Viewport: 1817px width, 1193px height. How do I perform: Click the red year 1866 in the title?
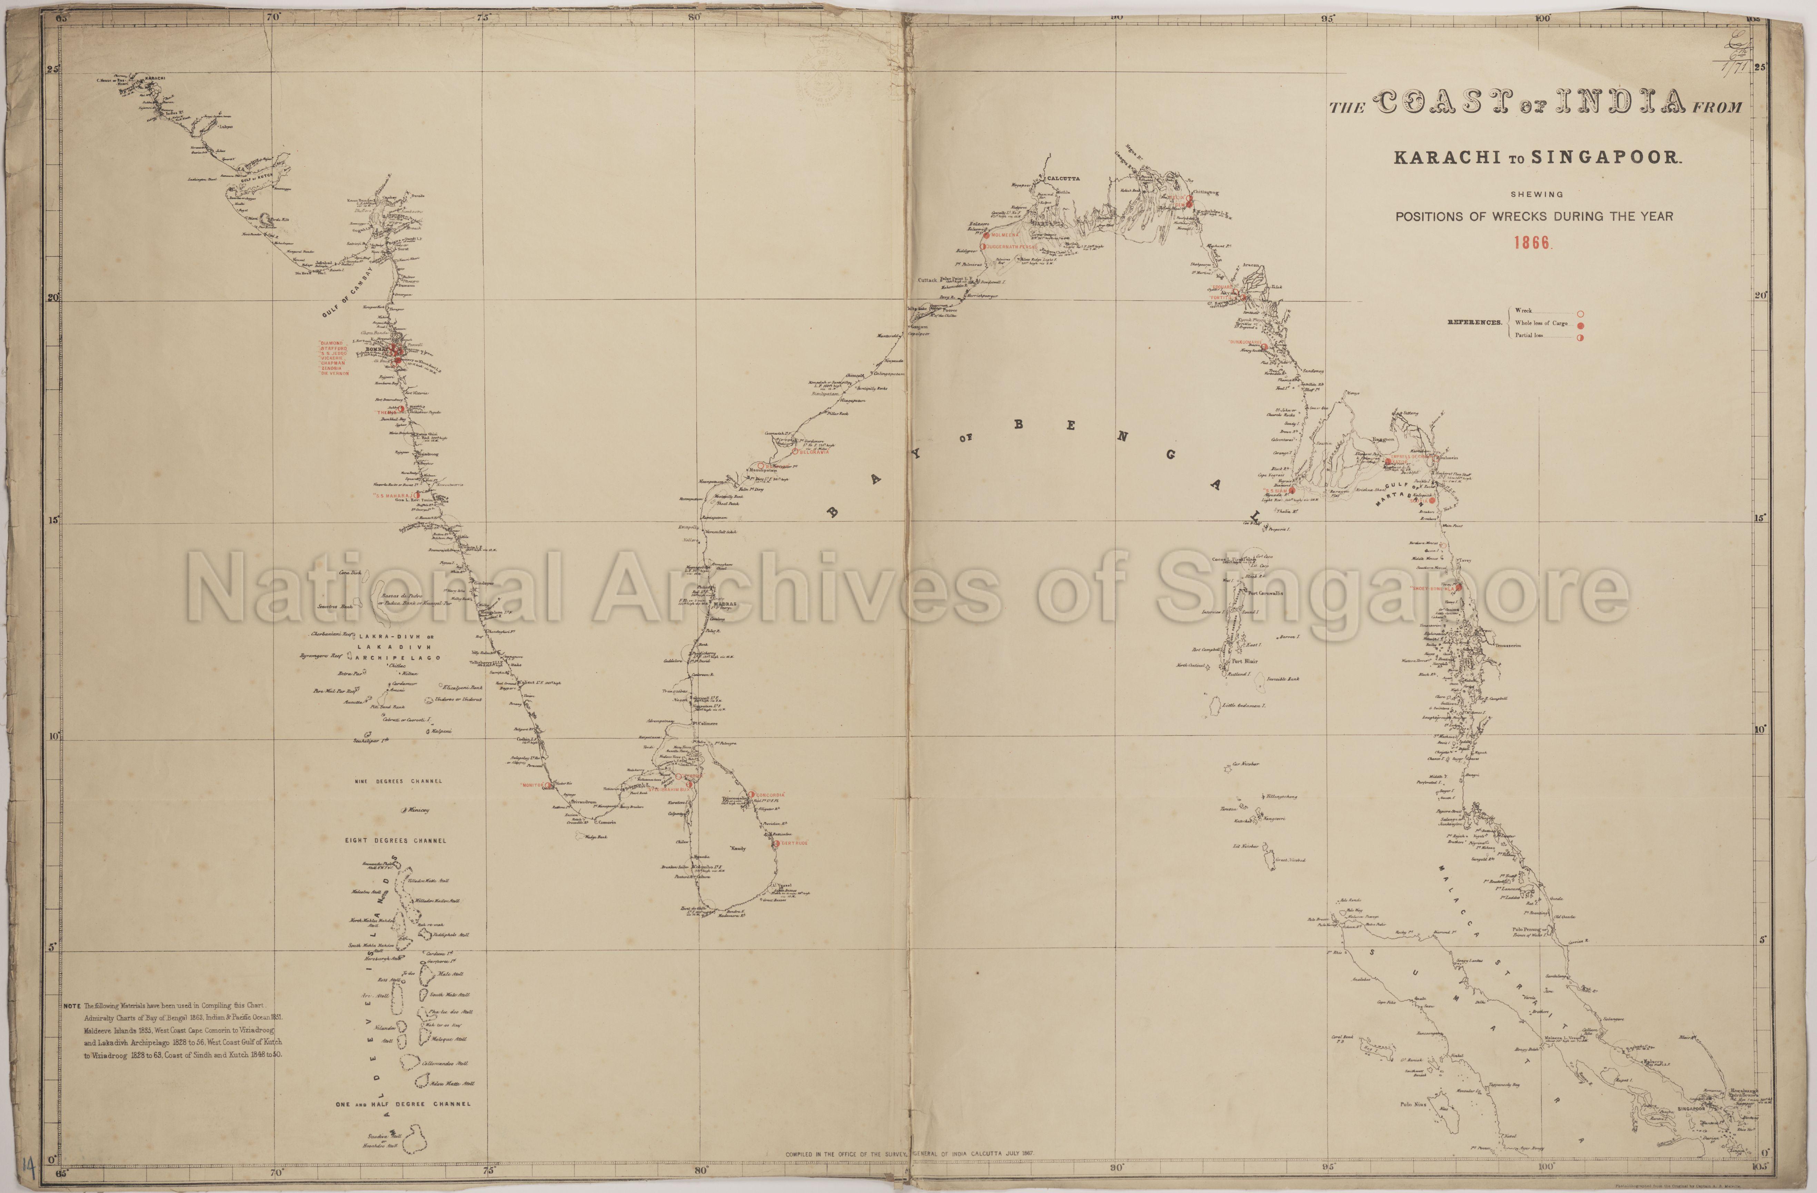click(1532, 243)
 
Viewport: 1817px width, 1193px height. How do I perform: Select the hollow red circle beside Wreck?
click(1580, 313)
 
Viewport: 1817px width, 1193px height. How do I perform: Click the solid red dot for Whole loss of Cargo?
click(1580, 325)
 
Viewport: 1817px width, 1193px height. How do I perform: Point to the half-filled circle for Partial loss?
click(1580, 337)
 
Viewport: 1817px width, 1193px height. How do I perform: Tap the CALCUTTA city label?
click(1063, 178)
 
